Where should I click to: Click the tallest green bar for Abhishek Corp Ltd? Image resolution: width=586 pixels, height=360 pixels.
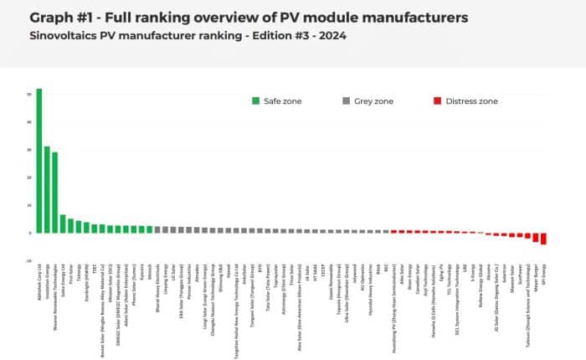tap(39, 159)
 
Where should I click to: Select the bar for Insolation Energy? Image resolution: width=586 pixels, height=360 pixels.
tap(47, 189)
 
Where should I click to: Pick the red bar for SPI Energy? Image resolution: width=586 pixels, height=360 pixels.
tap(543, 239)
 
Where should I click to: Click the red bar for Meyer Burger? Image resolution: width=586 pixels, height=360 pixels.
tap(536, 237)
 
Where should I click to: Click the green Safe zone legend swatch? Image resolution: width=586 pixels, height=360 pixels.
tap(255, 101)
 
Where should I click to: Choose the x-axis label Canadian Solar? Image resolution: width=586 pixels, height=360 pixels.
tap(417, 288)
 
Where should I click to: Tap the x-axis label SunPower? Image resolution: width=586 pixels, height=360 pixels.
tap(520, 282)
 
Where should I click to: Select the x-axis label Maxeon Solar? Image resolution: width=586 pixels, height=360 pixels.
tap(511, 285)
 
